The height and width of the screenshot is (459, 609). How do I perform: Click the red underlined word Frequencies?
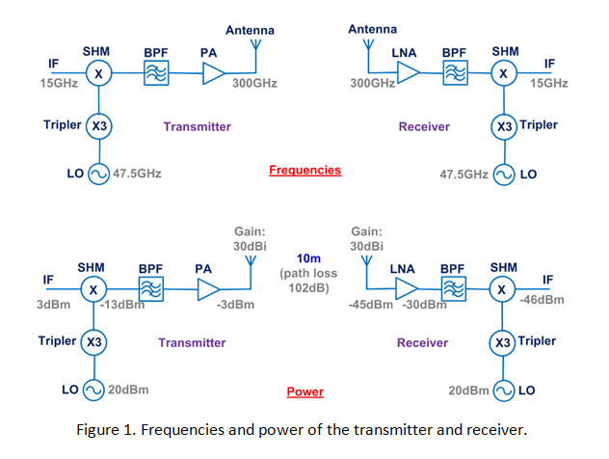coord(304,170)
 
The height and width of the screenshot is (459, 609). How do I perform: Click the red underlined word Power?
coord(304,392)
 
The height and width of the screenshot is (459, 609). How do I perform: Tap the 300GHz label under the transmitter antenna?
coord(255,84)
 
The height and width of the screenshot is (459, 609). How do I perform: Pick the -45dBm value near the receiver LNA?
coord(371,306)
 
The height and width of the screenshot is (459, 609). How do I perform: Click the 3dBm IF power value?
coord(44,306)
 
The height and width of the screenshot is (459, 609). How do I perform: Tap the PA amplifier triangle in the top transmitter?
coord(213,74)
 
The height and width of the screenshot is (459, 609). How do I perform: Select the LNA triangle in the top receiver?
coord(409,74)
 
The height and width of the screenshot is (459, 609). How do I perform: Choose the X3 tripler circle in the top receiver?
coord(503,126)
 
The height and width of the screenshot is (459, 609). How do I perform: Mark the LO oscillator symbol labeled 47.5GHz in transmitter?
coord(98,175)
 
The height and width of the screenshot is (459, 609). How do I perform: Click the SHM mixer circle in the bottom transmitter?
coord(93,290)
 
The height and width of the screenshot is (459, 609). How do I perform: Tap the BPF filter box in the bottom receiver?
coord(453,290)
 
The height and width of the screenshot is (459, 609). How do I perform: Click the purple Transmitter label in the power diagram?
coord(192,342)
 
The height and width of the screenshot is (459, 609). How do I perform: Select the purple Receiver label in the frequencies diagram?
coord(424,126)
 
